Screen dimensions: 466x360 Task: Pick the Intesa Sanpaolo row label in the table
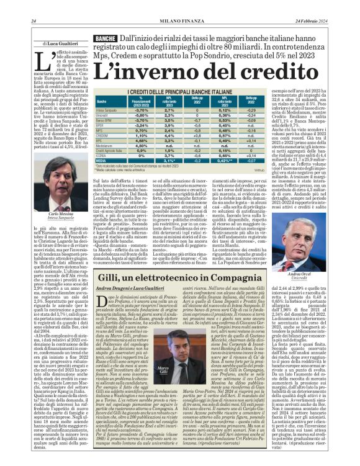tap(107, 110)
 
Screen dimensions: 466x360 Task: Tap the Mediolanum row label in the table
tap(105, 146)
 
